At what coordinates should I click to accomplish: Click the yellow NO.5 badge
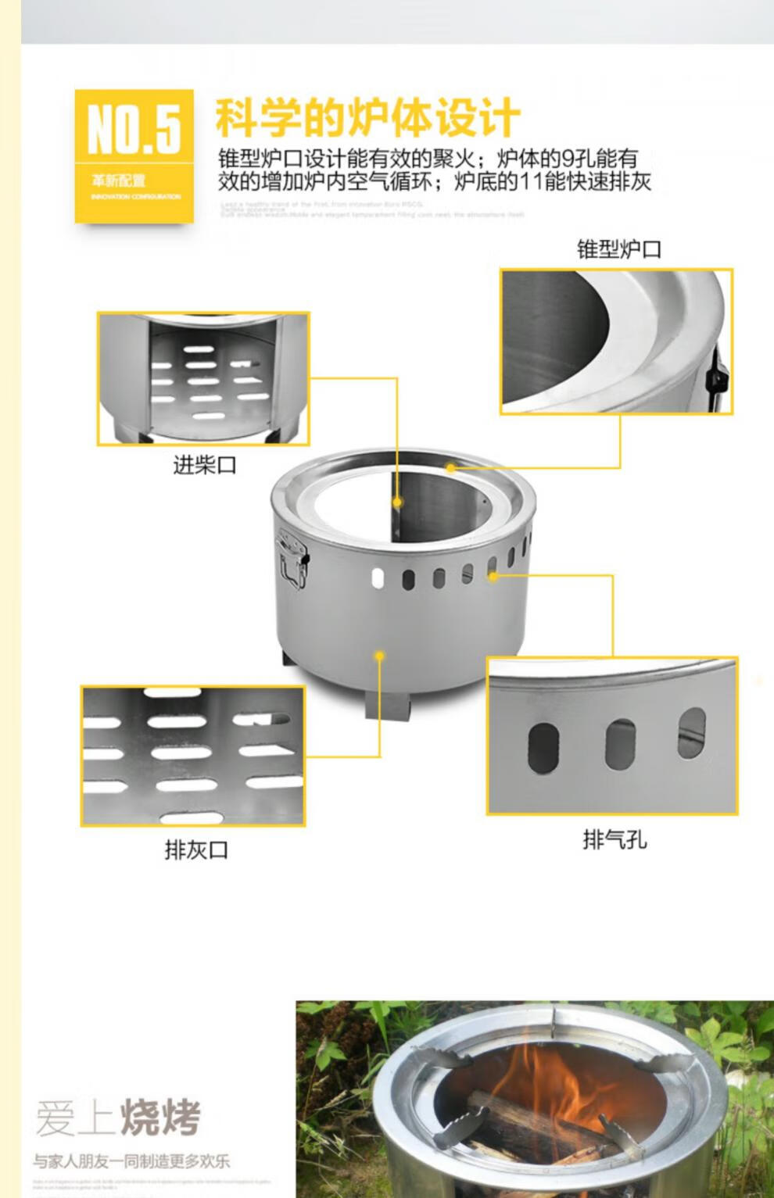coord(134,156)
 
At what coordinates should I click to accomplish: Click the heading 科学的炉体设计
coord(367,118)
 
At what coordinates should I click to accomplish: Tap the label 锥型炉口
coord(618,249)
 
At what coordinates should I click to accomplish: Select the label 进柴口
coord(204,466)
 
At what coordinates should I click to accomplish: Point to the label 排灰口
coord(195,849)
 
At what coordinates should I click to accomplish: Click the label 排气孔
coord(615,840)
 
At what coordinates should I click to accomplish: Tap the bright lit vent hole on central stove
coord(378,578)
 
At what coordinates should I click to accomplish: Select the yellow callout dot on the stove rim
coord(451,467)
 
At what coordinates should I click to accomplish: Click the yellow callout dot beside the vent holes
coord(493,576)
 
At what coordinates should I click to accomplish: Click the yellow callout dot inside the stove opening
coord(397,502)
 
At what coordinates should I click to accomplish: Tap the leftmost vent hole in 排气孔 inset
coord(543,747)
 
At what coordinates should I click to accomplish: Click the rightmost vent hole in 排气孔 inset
coord(691,733)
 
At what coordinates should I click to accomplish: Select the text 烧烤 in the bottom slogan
coord(161,1117)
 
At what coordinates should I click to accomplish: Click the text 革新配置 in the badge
coord(118,181)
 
